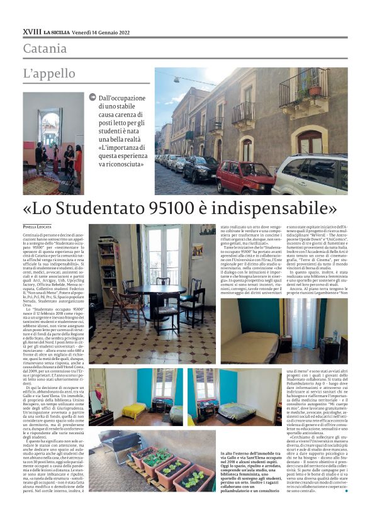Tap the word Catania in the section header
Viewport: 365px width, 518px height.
tap(45, 48)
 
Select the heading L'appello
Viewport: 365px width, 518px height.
tap(49, 74)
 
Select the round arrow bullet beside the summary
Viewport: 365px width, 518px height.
tap(93, 98)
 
